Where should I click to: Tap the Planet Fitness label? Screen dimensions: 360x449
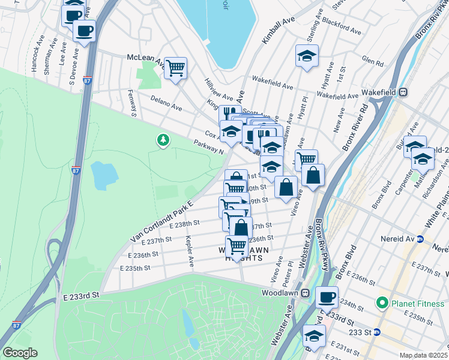[x=415, y=304]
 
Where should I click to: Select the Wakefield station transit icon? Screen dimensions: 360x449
[x=403, y=93]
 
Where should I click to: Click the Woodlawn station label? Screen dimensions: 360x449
[x=281, y=293]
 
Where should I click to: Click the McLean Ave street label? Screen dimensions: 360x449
[x=145, y=58]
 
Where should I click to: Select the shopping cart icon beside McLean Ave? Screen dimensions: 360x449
[x=175, y=68]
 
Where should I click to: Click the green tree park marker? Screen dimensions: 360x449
[x=163, y=140]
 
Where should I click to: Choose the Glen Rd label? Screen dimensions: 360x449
[x=373, y=62]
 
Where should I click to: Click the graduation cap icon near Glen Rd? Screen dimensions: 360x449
[x=307, y=56]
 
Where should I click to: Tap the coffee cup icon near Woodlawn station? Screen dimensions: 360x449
[x=327, y=296]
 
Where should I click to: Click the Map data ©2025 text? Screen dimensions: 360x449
[x=423, y=355]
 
